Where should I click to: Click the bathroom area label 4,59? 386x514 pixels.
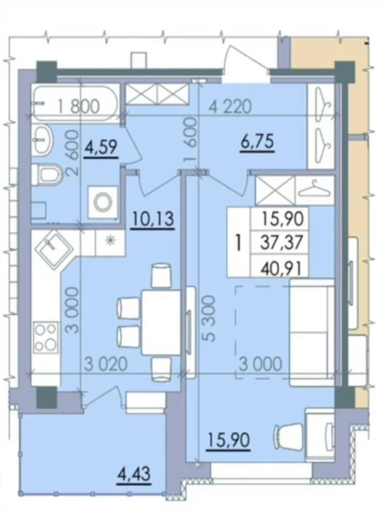101,147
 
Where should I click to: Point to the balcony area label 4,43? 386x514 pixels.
135,475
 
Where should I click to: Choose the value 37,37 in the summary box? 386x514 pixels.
281,243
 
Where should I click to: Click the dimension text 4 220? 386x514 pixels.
231,106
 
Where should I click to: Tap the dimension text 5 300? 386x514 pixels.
208,319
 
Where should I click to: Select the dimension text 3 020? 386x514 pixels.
106,364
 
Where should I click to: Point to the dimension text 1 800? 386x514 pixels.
78,106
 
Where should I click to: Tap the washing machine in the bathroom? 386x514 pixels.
103,202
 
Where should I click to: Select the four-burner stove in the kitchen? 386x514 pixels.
46,337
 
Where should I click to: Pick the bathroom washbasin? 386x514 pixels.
43,140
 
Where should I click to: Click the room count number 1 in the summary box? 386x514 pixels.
239,243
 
